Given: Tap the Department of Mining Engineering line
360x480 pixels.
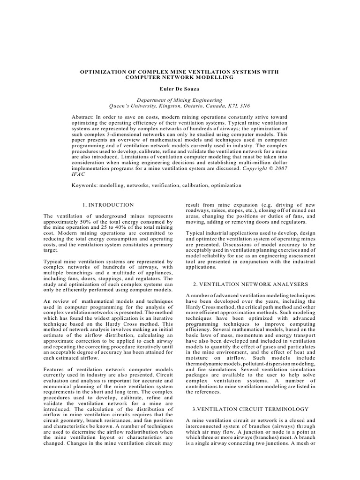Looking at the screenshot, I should [180, 99].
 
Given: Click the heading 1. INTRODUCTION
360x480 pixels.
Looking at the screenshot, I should [108, 205].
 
